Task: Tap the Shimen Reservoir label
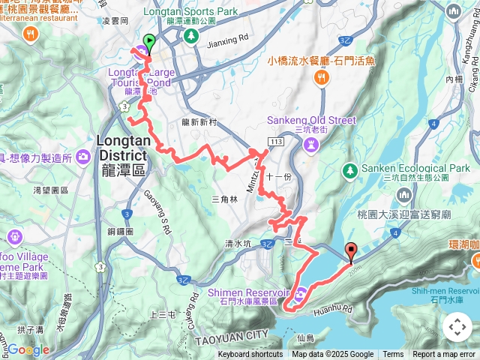[x=255, y=292]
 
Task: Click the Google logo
[x=28, y=349]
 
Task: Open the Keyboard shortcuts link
[x=250, y=355]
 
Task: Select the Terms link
[x=393, y=355]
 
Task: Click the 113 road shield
[x=276, y=140]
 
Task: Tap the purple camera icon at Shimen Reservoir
[x=301, y=293]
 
